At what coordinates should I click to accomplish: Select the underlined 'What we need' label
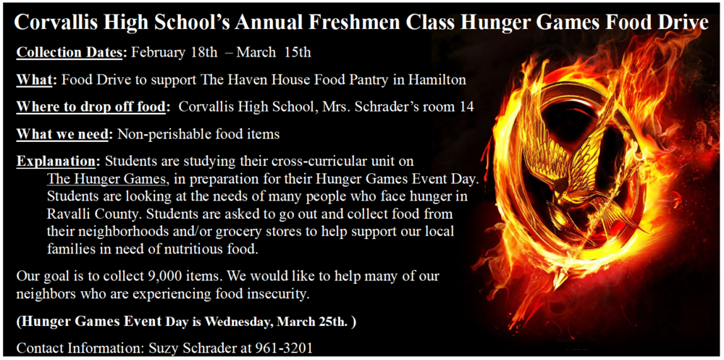tap(62, 134)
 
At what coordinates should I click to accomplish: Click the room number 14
tap(467, 107)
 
